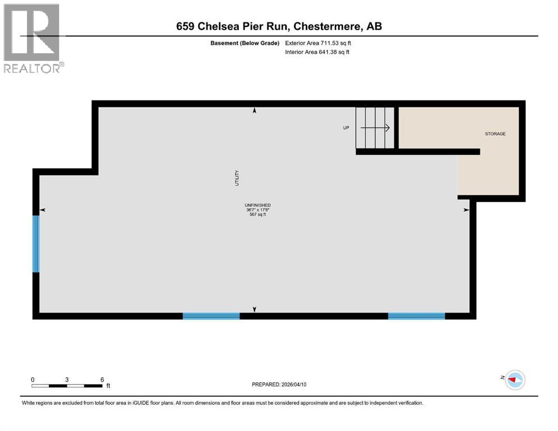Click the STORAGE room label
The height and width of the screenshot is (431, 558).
point(496,134)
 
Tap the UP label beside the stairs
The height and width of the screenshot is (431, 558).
point(346,128)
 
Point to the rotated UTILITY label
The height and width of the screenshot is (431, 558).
point(238,178)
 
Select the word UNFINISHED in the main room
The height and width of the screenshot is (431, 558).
point(257,205)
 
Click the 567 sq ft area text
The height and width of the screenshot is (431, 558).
point(257,214)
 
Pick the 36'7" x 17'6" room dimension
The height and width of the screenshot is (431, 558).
point(257,210)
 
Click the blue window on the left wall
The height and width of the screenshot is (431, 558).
point(36,244)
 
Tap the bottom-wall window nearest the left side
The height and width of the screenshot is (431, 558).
point(211,316)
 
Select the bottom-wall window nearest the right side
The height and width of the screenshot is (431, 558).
point(416,316)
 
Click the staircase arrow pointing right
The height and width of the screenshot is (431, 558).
point(375,128)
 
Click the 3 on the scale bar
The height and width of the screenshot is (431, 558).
point(67,379)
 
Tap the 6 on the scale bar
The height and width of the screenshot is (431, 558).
point(102,379)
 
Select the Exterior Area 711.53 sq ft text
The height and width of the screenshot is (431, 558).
point(318,43)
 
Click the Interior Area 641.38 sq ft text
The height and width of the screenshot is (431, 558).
point(317,52)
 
